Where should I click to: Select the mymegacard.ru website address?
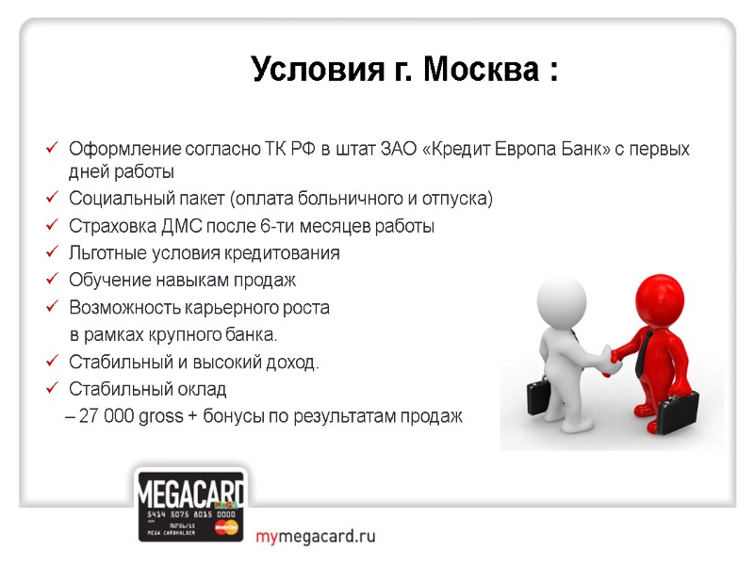316,537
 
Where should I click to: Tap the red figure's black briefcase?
677,414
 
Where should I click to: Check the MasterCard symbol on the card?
226,528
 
